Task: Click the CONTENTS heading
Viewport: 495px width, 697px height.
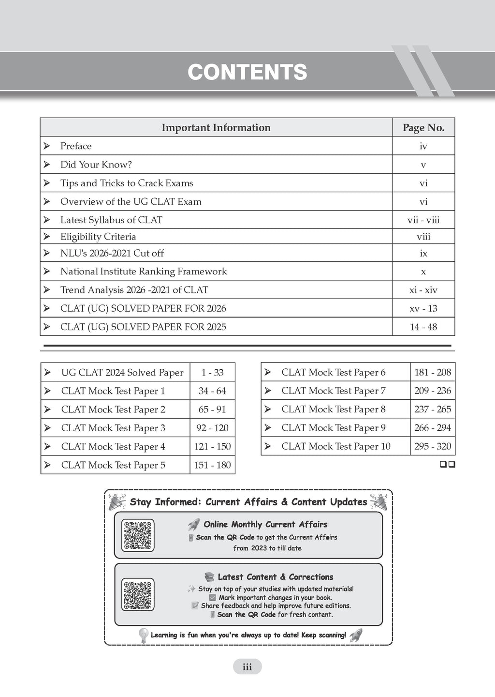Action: coord(247,72)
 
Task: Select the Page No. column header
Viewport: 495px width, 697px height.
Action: coord(423,128)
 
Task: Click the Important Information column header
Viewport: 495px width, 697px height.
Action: coord(216,128)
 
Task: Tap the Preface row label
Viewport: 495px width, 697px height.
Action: coord(76,146)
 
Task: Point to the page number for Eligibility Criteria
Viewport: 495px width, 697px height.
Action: coord(423,237)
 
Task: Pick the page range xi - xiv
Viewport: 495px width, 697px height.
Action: coord(423,290)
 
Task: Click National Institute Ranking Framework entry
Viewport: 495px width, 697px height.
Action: coord(144,272)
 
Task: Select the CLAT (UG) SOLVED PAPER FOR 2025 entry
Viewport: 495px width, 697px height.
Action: coord(143,327)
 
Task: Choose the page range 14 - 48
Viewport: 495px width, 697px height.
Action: coord(423,327)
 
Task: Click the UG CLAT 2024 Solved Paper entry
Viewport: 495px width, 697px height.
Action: coord(122,373)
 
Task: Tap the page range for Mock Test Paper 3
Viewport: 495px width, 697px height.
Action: coord(212,428)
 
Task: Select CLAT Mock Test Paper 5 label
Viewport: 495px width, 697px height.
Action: coord(113,465)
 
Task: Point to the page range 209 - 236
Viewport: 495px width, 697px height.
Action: coord(432,391)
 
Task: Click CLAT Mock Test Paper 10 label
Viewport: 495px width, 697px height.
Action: coord(336,447)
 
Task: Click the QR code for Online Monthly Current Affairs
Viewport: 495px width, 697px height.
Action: coord(138,535)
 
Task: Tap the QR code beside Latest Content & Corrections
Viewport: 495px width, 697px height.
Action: coord(138,594)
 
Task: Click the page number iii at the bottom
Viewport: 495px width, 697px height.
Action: coord(247,667)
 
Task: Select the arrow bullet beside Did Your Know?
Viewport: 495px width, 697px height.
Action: coord(47,165)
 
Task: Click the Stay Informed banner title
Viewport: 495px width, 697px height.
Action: coord(248,502)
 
